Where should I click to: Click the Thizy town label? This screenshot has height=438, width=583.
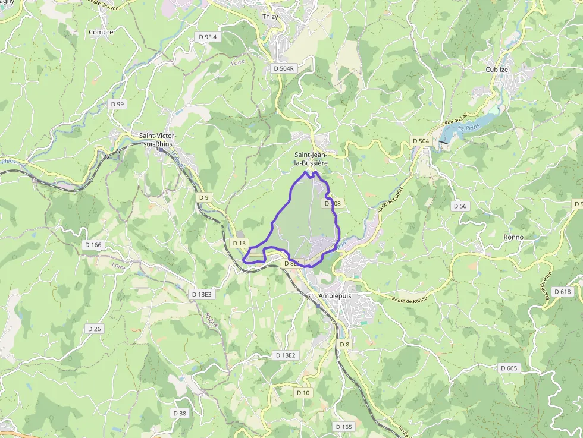tap(270, 17)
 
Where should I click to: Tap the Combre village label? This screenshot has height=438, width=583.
tap(101, 32)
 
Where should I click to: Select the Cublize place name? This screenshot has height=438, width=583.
tap(497, 70)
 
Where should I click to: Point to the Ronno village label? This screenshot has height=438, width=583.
tap(513, 237)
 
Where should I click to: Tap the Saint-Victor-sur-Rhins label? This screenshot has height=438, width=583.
tap(158, 139)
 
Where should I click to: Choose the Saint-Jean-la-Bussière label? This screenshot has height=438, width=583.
tap(311, 158)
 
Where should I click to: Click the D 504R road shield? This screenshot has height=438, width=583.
tap(284, 68)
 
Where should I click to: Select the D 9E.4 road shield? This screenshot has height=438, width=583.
tap(208, 37)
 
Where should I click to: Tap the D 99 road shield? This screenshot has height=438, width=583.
tap(117, 104)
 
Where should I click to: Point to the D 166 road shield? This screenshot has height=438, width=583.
tap(93, 245)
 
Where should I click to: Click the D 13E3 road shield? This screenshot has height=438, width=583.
tap(202, 294)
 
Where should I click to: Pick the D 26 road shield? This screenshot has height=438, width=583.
tap(94, 329)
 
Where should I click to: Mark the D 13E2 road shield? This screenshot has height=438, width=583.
tap(286, 355)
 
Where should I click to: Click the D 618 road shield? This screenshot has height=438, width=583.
tap(562, 292)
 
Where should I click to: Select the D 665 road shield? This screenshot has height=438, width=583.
tap(509, 368)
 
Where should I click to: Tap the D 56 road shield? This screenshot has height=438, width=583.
tap(460, 206)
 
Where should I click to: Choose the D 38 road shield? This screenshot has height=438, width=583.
tap(179, 413)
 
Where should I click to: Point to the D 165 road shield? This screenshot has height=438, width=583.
tap(344, 427)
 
